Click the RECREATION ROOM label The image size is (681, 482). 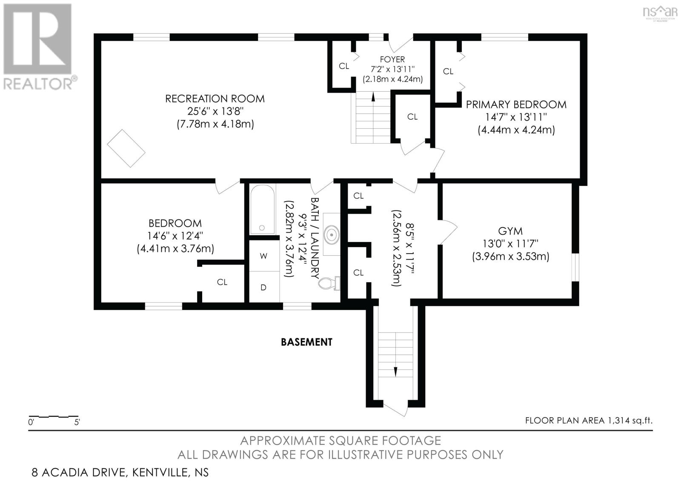(x=215, y=98)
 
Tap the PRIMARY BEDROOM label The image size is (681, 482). (x=516, y=104)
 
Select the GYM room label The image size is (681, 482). (x=510, y=231)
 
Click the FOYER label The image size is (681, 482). (x=392, y=59)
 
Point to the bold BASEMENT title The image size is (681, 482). (x=306, y=342)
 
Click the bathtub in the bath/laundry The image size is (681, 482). (x=262, y=209)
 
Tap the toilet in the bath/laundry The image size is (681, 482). (x=329, y=283)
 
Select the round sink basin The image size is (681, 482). (x=332, y=235)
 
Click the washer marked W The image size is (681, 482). (x=264, y=256)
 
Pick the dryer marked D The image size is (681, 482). (x=264, y=287)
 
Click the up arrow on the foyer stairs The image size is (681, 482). (x=373, y=96)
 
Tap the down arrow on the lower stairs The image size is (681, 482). (x=395, y=372)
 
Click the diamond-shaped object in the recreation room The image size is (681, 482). (x=126, y=148)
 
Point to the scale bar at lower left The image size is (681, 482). (x=54, y=416)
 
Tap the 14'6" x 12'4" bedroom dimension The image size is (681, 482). (x=175, y=236)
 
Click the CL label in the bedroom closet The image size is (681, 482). (x=222, y=282)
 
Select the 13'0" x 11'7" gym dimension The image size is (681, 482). (x=511, y=244)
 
